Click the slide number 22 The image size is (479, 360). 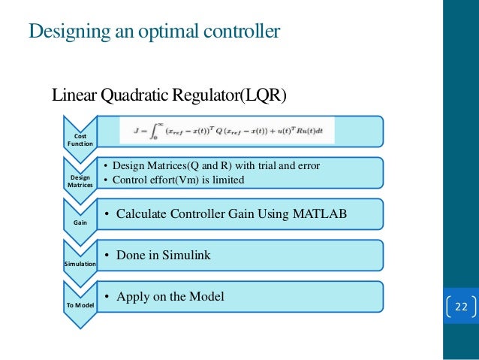[460, 307]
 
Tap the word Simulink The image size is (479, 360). [185, 256]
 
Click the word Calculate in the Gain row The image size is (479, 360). [143, 214]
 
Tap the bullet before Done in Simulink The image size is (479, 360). [107, 256]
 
